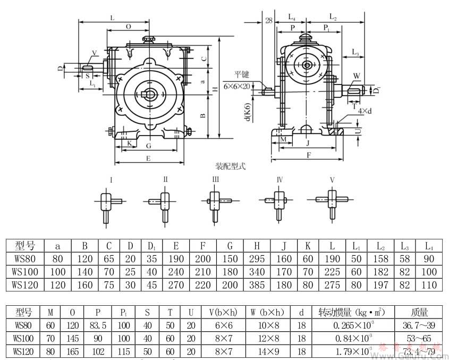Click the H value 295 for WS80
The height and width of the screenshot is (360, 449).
(x=257, y=259)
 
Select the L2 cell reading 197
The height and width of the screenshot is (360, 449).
(x=381, y=284)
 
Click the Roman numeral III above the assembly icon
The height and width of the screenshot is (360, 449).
(x=215, y=180)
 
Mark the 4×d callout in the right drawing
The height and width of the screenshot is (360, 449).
(x=365, y=111)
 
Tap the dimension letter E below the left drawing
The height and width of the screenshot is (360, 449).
(x=149, y=158)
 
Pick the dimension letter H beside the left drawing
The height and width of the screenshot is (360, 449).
(x=215, y=89)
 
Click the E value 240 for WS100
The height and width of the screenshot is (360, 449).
(x=175, y=272)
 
